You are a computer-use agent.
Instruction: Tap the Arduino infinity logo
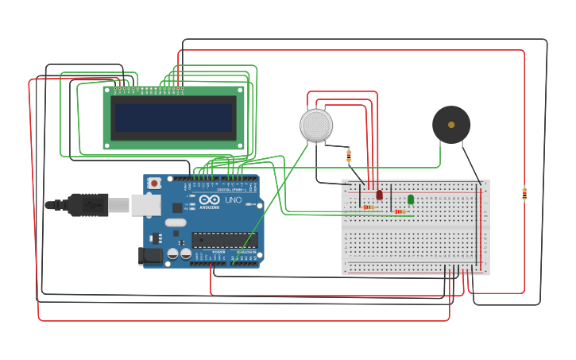pyautogui.click(x=208, y=199)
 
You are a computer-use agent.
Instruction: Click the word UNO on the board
pyautogui.click(x=233, y=199)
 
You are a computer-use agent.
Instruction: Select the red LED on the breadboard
pyautogui.click(x=379, y=194)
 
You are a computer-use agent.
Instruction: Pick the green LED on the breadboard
pyautogui.click(x=411, y=199)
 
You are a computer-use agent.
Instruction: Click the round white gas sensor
pyautogui.click(x=315, y=126)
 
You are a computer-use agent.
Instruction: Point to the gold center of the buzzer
pyautogui.click(x=451, y=125)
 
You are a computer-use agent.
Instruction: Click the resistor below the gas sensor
pyautogui.click(x=349, y=156)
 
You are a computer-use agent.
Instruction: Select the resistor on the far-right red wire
pyautogui.click(x=524, y=193)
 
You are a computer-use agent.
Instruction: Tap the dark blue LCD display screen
pyautogui.click(x=174, y=118)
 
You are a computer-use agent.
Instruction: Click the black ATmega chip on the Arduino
pyautogui.click(x=224, y=239)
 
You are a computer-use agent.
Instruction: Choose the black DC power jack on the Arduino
pyautogui.click(x=149, y=256)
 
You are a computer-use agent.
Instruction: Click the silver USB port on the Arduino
pyautogui.click(x=145, y=205)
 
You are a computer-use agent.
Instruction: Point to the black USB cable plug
pyautogui.click(x=87, y=205)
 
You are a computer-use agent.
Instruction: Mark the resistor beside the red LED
pyautogui.click(x=368, y=207)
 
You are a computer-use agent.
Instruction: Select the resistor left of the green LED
pyautogui.click(x=400, y=211)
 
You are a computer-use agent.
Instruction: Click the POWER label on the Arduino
pyautogui.click(x=218, y=252)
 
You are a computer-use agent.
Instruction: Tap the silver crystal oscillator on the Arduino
pyautogui.click(x=176, y=223)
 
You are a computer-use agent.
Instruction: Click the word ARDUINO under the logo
pyautogui.click(x=208, y=207)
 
